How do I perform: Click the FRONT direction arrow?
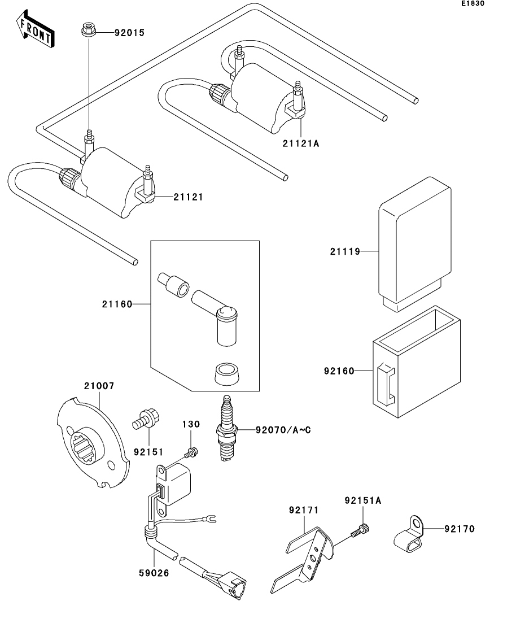[35, 29]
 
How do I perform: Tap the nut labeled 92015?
[88, 30]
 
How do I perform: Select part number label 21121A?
[301, 143]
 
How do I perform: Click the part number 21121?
[189, 197]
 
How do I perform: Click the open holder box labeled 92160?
[416, 361]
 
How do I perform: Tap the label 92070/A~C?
[283, 430]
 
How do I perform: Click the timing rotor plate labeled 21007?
[93, 443]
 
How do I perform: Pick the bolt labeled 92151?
[146, 420]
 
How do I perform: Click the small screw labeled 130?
[191, 452]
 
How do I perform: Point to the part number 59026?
[154, 573]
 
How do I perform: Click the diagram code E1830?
[473, 3]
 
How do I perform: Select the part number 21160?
[117, 304]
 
